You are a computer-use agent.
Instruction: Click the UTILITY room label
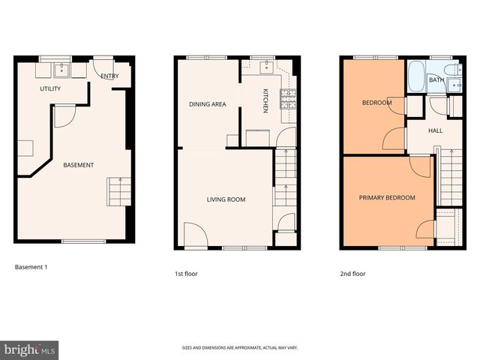tap(50, 88)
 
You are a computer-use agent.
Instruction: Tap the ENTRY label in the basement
tap(109, 76)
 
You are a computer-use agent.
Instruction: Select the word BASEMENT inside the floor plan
tap(78, 165)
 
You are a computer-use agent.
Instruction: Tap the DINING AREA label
tap(207, 104)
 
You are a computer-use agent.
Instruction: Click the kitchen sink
tap(264, 68)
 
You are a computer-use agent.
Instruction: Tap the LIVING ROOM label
tap(226, 199)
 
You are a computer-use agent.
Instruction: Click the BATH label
tap(436, 79)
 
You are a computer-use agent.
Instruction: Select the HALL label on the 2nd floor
tap(435, 130)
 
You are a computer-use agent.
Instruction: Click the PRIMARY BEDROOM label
tap(386, 198)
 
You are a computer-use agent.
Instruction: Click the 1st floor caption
tap(186, 274)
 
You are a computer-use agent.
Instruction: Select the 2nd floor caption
tap(352, 274)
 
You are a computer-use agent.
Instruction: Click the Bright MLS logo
tap(30, 349)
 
